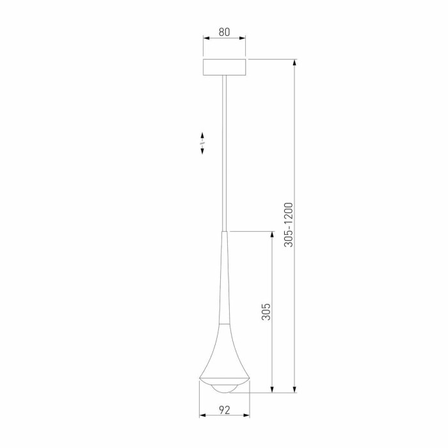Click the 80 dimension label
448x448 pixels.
224,30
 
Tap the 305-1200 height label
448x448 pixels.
289,225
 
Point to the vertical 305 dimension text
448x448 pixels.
267,312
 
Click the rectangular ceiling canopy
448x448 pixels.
224,67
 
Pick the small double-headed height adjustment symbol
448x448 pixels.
202,143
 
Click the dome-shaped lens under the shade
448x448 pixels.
224,388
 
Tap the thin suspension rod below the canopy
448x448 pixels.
224,154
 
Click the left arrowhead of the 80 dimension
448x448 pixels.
206,38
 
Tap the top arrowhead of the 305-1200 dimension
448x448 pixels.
294,63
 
